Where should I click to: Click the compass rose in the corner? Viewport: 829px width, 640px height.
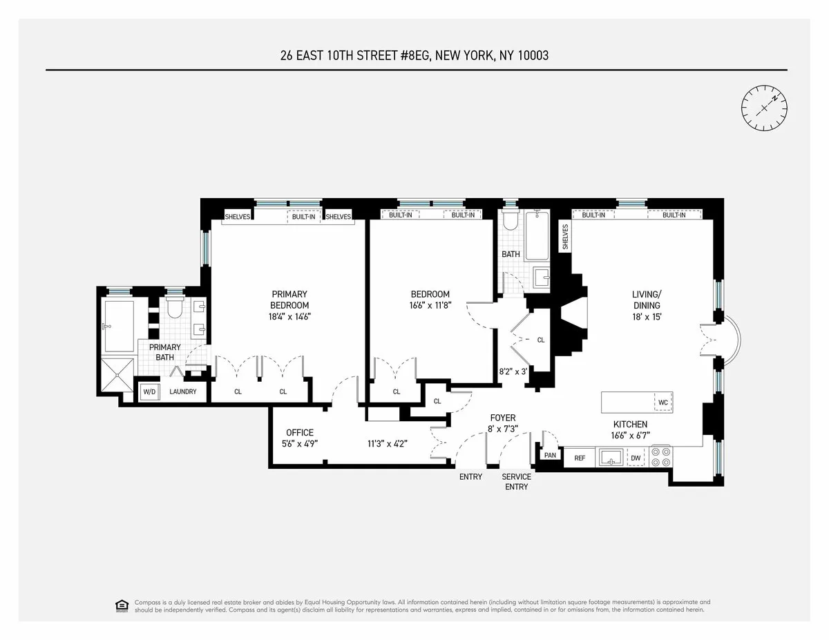[765, 108]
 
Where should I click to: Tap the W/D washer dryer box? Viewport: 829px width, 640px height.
[149, 392]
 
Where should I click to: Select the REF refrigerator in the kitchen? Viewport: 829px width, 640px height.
[580, 457]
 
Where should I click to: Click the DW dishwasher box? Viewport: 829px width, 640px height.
[635, 457]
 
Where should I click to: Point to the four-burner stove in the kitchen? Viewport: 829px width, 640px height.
[661, 457]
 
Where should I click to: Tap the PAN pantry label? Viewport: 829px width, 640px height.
[551, 456]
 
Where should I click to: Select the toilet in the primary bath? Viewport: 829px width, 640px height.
[174, 307]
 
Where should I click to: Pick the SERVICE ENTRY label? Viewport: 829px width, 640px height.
[516, 482]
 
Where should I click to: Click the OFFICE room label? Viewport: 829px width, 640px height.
[299, 433]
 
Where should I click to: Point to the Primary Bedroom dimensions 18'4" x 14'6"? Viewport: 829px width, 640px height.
[289, 317]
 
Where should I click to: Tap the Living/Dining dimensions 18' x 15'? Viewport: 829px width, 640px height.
[646, 317]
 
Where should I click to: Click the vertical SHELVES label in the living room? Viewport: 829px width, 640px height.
[564, 237]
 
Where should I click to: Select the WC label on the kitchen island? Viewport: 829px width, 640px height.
[663, 402]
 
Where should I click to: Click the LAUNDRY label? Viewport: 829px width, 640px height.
[183, 392]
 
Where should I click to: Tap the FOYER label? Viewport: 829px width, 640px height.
[503, 418]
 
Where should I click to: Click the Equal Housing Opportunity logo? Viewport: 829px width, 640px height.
[122, 605]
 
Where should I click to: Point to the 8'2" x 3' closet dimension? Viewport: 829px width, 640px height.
[513, 371]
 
